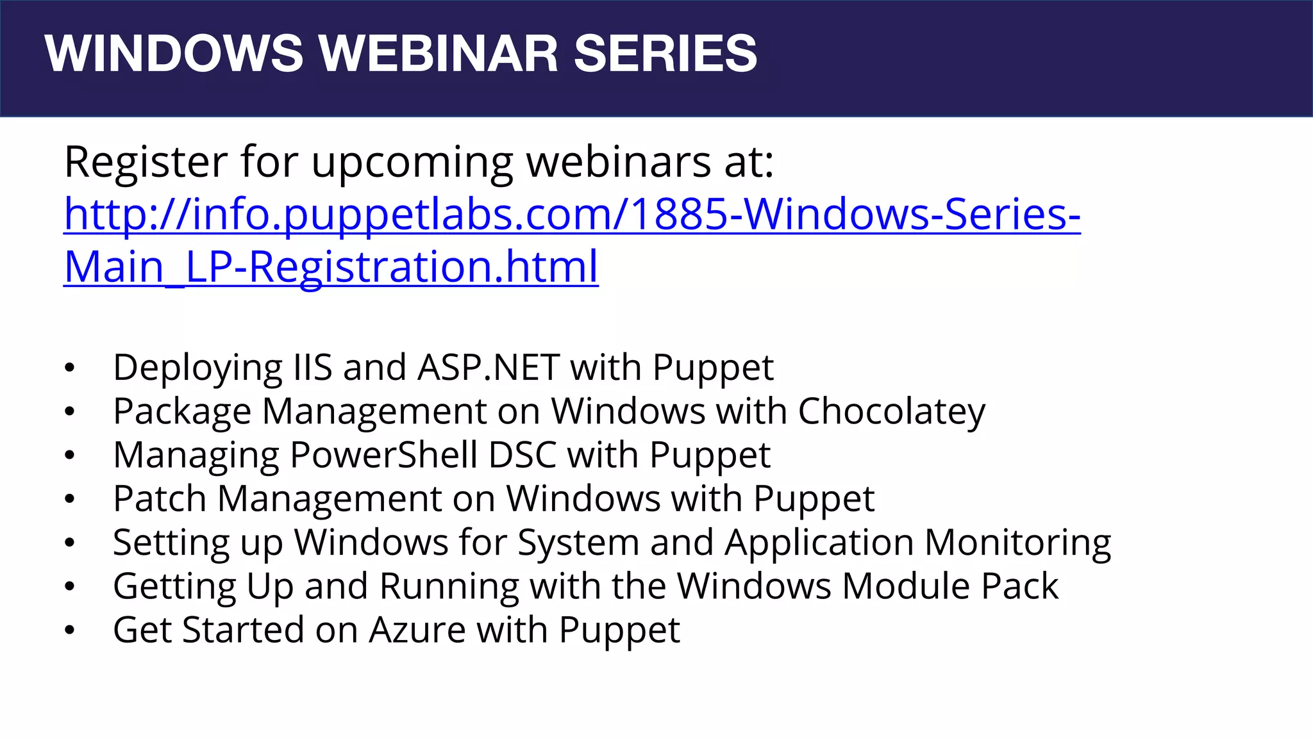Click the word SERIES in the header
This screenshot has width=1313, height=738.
pos(665,53)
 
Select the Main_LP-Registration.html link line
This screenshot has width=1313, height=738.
pos(331,266)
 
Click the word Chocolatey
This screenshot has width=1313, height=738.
pos(891,411)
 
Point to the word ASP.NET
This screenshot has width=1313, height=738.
pos(489,368)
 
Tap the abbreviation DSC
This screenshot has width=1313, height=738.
pos(523,455)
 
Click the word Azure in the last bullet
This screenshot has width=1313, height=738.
pos(417,630)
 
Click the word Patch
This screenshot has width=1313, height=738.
pos(160,498)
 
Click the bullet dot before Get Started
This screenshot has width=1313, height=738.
pos(70,630)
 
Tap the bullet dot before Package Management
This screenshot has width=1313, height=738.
pos(70,412)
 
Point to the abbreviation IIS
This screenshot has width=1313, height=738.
pos(313,368)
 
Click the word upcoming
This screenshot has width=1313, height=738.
pos(412,163)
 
